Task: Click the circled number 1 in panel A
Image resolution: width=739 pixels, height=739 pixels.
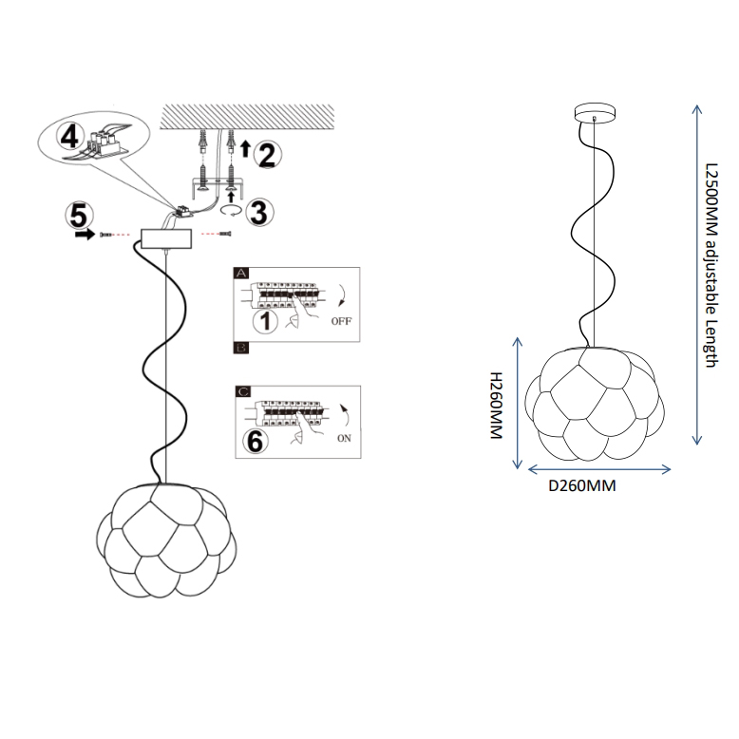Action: coord(268,322)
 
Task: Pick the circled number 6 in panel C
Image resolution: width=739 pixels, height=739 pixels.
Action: coord(254,441)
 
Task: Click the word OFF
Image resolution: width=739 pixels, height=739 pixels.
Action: coord(341,322)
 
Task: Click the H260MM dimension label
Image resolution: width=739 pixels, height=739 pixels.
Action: coord(494,406)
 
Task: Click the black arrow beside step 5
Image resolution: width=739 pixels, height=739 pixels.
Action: coord(85,234)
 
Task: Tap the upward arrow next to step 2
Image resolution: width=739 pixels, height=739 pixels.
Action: coord(244,147)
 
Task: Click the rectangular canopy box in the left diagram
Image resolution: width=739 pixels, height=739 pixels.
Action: coord(165,237)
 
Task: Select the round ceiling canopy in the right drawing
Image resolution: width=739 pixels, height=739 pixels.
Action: coord(595,112)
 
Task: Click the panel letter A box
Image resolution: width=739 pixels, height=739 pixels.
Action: coord(240,273)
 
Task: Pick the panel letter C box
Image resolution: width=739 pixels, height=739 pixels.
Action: coord(241,390)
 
